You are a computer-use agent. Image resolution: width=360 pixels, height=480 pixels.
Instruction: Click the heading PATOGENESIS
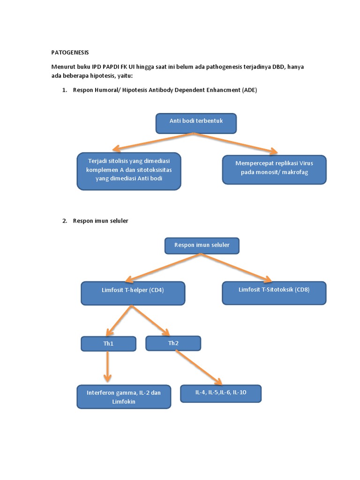(x=70, y=52)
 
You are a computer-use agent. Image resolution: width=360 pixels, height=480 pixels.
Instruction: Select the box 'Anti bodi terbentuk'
(x=196, y=122)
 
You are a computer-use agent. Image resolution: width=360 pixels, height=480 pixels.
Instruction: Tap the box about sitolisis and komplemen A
(x=128, y=171)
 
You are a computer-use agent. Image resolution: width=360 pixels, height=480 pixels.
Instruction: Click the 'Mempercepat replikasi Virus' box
(x=274, y=169)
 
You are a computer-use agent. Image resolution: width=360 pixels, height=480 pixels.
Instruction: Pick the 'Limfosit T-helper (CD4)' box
(x=133, y=292)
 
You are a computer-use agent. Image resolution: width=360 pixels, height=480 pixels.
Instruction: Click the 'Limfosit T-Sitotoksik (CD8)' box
(x=274, y=292)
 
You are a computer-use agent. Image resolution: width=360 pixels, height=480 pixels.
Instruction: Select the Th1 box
(x=108, y=344)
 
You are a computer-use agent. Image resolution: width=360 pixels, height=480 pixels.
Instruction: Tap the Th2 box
(x=173, y=343)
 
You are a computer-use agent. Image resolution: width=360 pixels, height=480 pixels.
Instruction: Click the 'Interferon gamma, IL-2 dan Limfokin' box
(x=123, y=397)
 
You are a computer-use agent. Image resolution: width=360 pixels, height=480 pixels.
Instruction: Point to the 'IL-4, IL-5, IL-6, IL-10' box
(x=220, y=393)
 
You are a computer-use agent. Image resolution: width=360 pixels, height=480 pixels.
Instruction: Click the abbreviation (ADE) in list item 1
(x=249, y=90)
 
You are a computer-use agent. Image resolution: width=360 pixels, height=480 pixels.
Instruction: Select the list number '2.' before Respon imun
(x=65, y=221)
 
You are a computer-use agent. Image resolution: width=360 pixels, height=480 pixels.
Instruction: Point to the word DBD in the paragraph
(x=279, y=67)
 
